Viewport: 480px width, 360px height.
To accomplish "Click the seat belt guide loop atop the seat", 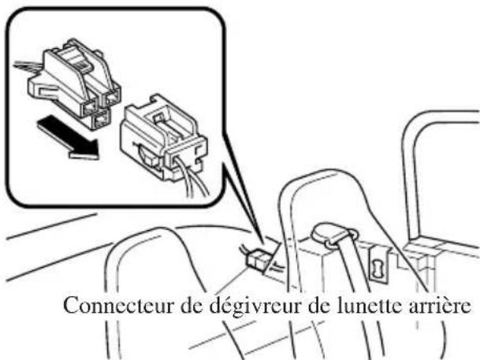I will coord(331,234).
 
